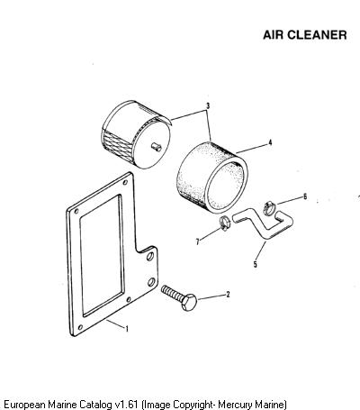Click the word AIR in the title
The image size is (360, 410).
(274, 35)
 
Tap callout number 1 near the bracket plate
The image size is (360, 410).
(127, 329)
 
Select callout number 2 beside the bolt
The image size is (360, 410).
(228, 295)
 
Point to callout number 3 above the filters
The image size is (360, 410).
(208, 106)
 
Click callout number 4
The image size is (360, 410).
(270, 142)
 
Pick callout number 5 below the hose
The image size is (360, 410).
(255, 264)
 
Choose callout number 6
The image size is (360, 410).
(305, 196)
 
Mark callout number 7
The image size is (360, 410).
(197, 241)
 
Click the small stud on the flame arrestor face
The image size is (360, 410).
(157, 147)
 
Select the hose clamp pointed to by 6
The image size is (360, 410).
(269, 208)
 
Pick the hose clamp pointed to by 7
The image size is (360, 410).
(224, 223)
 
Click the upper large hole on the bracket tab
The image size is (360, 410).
(150, 256)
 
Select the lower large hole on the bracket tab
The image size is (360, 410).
(151, 282)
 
